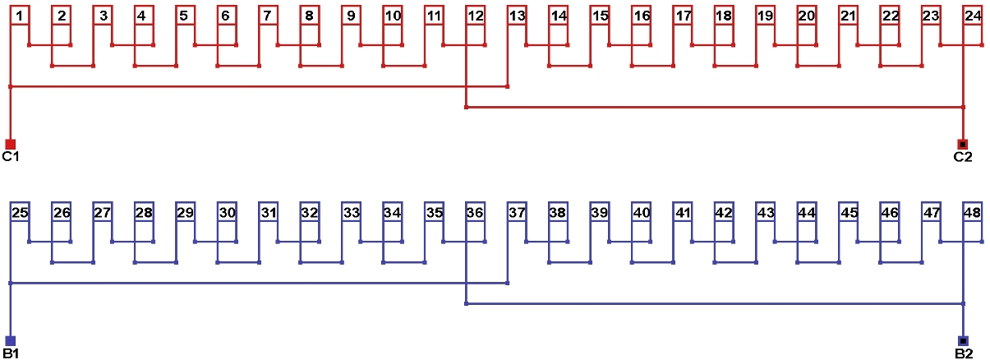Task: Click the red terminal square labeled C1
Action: click(10, 144)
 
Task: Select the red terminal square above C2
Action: click(963, 144)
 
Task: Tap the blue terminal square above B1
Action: click(10, 340)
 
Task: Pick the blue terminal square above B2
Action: click(963, 340)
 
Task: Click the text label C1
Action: click(10, 157)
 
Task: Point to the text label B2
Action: click(963, 353)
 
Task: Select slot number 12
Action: click(475, 16)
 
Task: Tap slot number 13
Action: click(517, 16)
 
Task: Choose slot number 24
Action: click(973, 16)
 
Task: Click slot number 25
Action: click(21, 213)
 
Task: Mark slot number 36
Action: click(475, 213)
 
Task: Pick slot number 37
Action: click(517, 213)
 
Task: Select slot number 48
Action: click(973, 213)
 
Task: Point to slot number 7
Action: click(268, 16)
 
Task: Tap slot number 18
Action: click(724, 16)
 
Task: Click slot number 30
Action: click(227, 213)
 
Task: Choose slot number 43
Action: click(766, 213)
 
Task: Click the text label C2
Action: click(963, 157)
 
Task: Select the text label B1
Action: click(10, 353)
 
